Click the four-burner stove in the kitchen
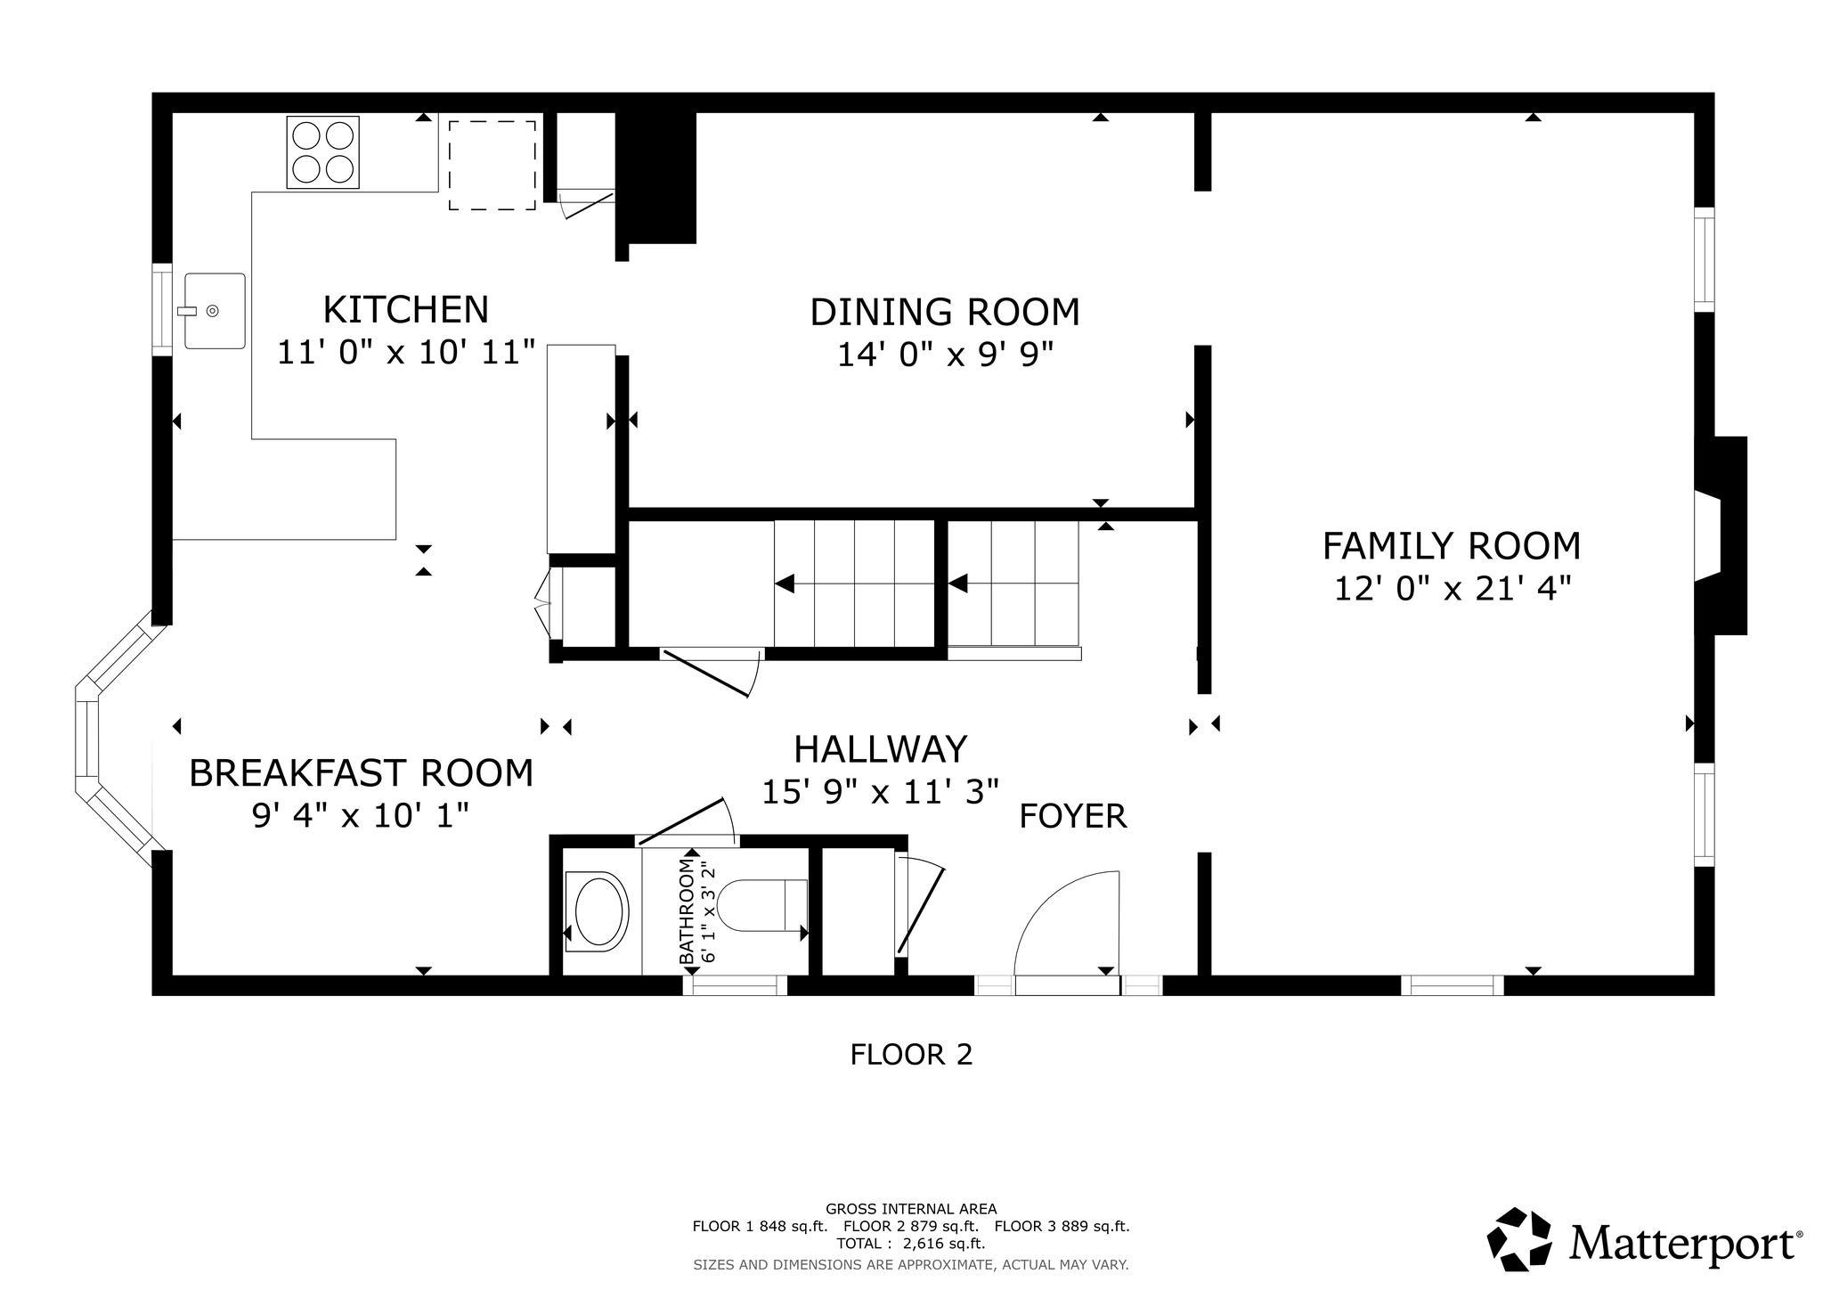(322, 152)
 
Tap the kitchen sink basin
(215, 311)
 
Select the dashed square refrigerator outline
(492, 166)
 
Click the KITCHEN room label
(406, 310)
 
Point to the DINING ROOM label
(945, 313)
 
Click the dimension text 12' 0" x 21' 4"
(1452, 589)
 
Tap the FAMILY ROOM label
(1452, 546)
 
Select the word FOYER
(1073, 816)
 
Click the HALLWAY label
(880, 749)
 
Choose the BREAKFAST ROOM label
(362, 773)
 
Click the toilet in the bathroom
(762, 905)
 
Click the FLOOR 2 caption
(911, 1055)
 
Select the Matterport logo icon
(1522, 1238)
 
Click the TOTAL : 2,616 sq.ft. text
(910, 1244)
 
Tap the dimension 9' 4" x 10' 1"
(361, 816)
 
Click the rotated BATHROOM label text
(686, 910)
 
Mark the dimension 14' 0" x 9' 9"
(945, 355)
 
